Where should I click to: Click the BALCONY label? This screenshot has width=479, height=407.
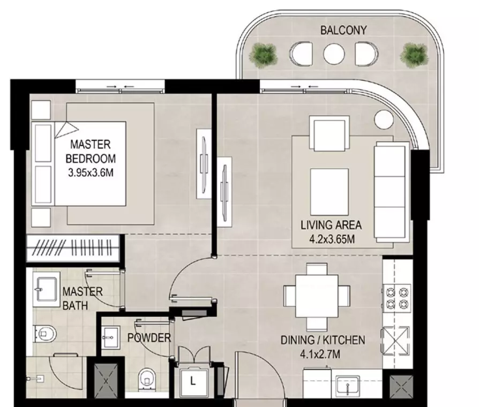point(343,30)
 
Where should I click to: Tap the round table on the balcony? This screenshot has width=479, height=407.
point(334,54)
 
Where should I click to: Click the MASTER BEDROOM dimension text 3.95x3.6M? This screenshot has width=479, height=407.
point(91,173)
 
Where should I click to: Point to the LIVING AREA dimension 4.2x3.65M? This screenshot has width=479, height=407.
point(332,239)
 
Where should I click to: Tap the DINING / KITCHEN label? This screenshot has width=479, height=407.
point(323,340)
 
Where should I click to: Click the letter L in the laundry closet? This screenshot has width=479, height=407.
point(193,381)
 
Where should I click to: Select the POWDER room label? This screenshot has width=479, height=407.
point(149,338)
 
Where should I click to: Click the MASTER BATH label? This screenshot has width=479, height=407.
point(83,298)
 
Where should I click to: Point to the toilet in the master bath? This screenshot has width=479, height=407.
point(45,334)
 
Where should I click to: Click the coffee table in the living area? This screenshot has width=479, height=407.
point(330,192)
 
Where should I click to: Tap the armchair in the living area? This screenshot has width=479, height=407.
point(330,133)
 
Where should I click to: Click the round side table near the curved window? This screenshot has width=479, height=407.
point(384,119)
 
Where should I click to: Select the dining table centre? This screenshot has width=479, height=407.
point(317,296)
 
